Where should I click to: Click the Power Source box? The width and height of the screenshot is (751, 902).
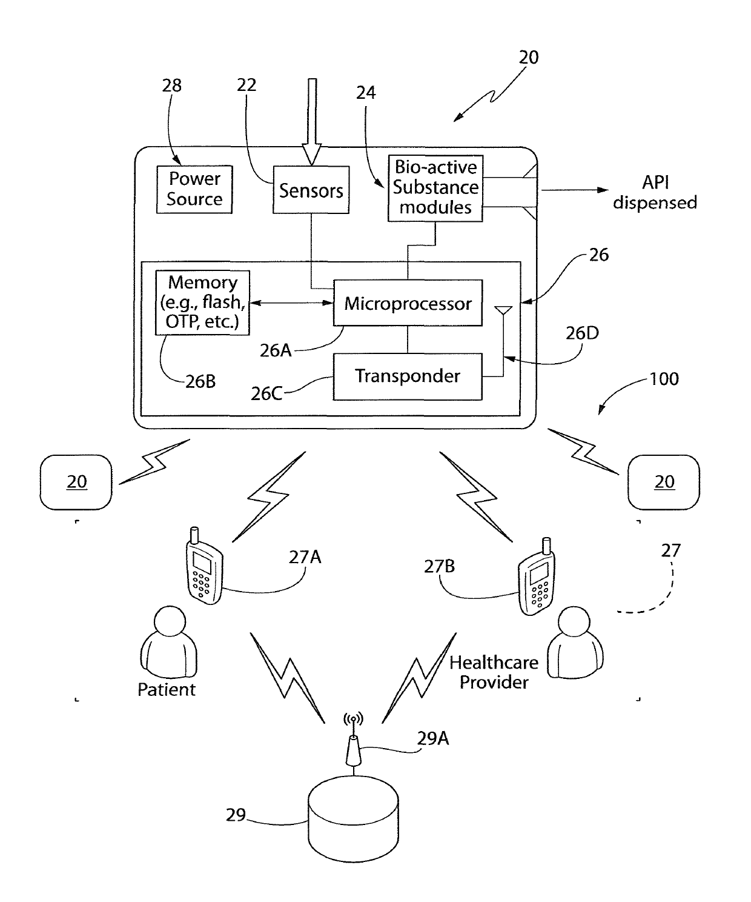(194, 189)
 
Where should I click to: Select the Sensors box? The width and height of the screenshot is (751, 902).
(311, 190)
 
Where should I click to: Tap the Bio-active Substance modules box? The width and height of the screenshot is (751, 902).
(435, 189)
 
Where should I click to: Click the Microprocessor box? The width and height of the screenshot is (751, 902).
(408, 303)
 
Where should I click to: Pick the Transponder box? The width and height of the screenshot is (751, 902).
(408, 376)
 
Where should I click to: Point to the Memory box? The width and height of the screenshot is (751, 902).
(202, 302)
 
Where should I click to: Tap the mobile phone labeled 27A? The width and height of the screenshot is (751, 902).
(204, 566)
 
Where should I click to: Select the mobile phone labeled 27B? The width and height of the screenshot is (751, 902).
(537, 576)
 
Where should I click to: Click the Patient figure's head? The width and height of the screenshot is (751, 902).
(170, 621)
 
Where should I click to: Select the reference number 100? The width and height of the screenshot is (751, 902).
(664, 379)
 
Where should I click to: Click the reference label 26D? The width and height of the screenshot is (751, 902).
(582, 333)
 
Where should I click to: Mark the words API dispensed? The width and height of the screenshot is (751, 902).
(655, 192)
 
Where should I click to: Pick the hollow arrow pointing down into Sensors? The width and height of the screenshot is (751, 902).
(312, 122)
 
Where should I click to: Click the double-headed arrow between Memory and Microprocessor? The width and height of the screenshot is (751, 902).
(291, 303)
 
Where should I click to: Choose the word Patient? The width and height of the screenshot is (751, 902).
(166, 689)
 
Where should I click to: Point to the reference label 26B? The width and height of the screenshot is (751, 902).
(200, 381)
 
